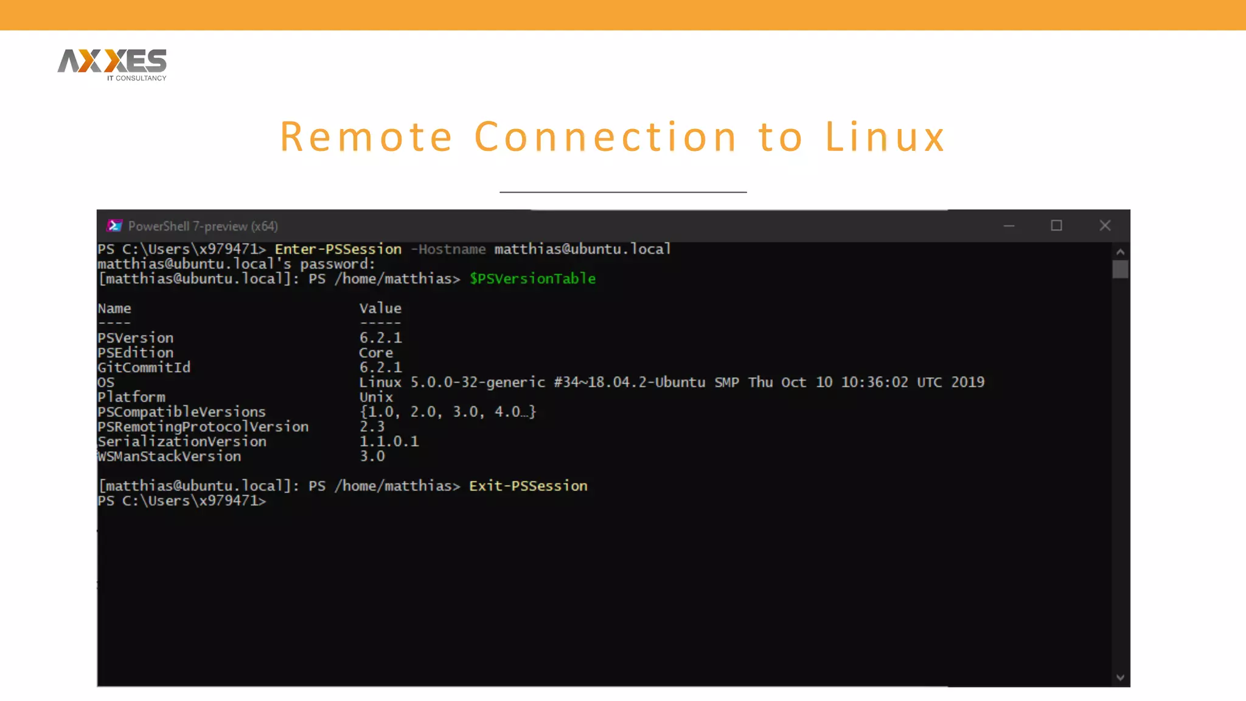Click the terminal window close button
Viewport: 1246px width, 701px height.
pos(1105,226)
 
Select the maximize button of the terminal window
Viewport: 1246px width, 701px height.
pos(1056,226)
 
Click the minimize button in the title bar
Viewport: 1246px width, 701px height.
pos(1009,226)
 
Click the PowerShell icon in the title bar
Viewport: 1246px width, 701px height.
pos(114,226)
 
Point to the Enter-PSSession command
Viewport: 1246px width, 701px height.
pos(338,249)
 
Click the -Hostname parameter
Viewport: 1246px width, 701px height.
pos(448,249)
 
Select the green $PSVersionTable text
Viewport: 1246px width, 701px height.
pos(532,279)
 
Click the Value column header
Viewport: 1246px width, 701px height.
pos(380,309)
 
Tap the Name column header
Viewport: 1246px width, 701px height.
pos(114,309)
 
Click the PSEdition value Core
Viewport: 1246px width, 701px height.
pos(375,353)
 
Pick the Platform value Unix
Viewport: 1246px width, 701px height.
pos(375,397)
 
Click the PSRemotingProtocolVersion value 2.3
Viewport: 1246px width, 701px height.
pos(372,427)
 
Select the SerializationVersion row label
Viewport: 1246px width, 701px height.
pos(182,442)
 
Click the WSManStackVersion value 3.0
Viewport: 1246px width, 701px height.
pos(372,456)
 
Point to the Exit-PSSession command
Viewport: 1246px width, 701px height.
pos(528,486)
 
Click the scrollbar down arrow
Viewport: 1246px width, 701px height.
pos(1120,677)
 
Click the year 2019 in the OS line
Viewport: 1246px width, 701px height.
pos(967,382)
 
